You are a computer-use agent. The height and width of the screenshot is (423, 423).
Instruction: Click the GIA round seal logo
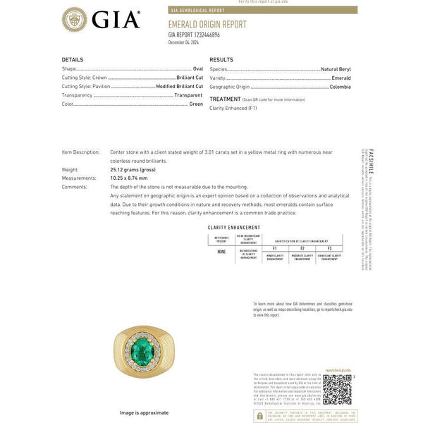tap(77, 20)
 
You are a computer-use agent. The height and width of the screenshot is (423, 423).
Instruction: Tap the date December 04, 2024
tap(185, 42)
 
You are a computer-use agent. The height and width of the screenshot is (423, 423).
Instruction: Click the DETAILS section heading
tap(73, 60)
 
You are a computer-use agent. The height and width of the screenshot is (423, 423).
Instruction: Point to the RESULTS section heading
tap(221, 60)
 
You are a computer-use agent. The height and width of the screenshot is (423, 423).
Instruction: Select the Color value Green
tap(196, 104)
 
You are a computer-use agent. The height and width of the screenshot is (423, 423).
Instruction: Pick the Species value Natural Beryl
tap(334, 69)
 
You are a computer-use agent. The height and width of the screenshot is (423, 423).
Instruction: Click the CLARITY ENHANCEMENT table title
tap(229, 228)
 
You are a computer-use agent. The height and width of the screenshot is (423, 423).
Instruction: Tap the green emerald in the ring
tap(144, 351)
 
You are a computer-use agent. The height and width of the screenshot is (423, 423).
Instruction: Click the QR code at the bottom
tap(336, 388)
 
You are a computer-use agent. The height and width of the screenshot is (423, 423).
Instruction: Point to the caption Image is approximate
tap(144, 412)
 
